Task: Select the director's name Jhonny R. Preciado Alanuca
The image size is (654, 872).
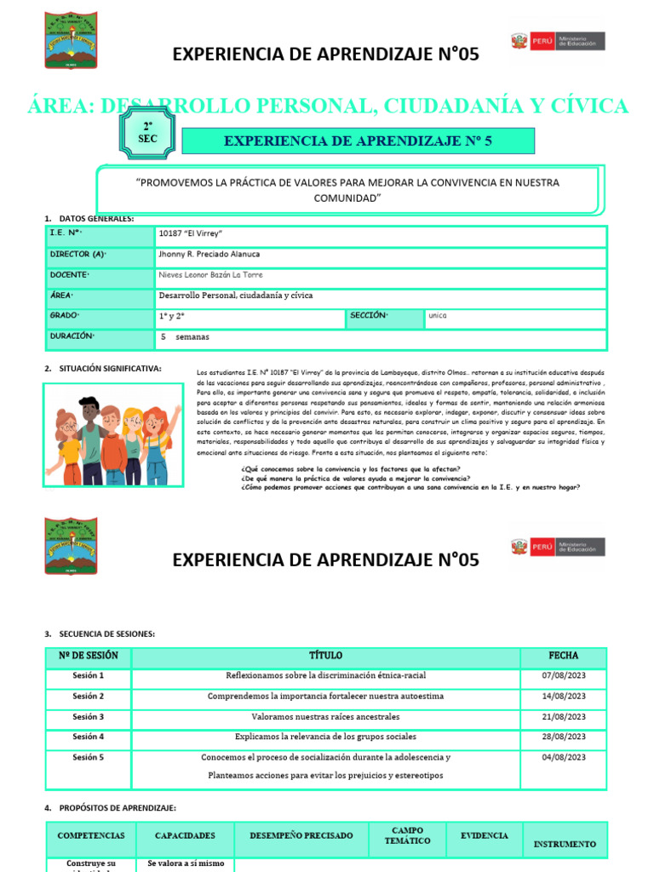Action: pyautogui.click(x=209, y=254)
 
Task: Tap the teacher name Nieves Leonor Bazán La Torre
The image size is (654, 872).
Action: pyautogui.click(x=210, y=275)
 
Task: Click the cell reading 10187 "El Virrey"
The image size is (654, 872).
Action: pyautogui.click(x=190, y=232)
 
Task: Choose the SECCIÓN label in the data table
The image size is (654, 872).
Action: pyautogui.click(x=368, y=316)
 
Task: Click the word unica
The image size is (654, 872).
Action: pyautogui.click(x=438, y=316)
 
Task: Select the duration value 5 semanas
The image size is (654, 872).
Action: pyautogui.click(x=185, y=337)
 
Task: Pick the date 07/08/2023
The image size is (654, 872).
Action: pyautogui.click(x=564, y=675)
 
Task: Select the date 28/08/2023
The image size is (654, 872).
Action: pyautogui.click(x=564, y=737)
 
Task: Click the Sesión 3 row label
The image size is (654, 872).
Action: pyautogui.click(x=89, y=717)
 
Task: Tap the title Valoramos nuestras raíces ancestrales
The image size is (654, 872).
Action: pyautogui.click(x=325, y=717)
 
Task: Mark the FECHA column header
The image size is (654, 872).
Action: pyautogui.click(x=564, y=656)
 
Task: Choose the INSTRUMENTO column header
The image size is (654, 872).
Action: pyautogui.click(x=565, y=844)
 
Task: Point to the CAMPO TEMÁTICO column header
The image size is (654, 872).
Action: pyautogui.click(x=408, y=836)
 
